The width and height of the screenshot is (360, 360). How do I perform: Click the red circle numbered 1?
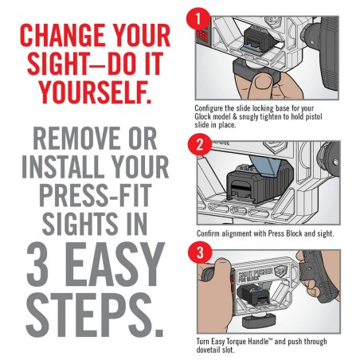[x=198, y=18]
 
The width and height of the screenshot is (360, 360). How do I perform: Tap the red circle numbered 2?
[x=200, y=145]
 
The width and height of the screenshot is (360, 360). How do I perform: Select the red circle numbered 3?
[x=200, y=252]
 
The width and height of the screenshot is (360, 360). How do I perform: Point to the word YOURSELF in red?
[x=96, y=92]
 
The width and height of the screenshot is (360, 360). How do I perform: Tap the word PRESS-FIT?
[x=96, y=195]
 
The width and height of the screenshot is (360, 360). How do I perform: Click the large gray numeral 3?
[x=39, y=264]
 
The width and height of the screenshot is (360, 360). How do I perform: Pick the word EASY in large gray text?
[x=115, y=264]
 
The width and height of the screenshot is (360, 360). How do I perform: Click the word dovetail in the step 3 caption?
[x=206, y=350]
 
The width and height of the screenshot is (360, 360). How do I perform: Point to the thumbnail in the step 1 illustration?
[x=262, y=84]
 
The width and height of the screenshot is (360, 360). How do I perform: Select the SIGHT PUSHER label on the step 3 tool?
[x=254, y=272]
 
